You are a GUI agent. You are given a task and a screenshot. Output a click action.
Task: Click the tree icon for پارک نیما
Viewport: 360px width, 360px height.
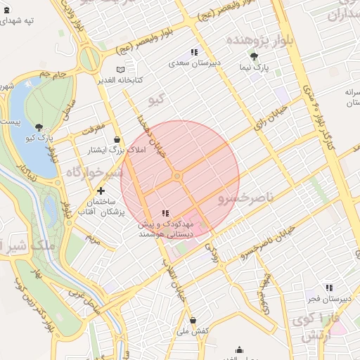coord(254,57)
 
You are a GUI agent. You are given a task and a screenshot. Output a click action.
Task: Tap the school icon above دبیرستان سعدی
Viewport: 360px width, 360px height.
coord(194,52)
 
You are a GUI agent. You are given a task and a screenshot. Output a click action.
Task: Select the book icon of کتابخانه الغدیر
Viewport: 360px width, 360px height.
coord(121,70)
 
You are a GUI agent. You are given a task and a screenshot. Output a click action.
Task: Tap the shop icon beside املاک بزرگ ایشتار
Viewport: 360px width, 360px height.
coord(116,140)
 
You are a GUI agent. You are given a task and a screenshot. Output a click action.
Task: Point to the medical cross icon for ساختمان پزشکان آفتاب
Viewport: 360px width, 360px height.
coord(101,191)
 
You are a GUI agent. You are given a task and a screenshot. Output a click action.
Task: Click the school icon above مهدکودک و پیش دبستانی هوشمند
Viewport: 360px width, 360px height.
coord(165,212)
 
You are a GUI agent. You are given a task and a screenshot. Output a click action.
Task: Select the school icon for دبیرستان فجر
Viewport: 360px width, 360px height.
coord(328,288)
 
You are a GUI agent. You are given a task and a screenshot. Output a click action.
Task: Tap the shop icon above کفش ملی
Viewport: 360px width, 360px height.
coord(193,321)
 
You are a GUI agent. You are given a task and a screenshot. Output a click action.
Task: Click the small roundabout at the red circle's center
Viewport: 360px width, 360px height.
coord(178,176)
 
